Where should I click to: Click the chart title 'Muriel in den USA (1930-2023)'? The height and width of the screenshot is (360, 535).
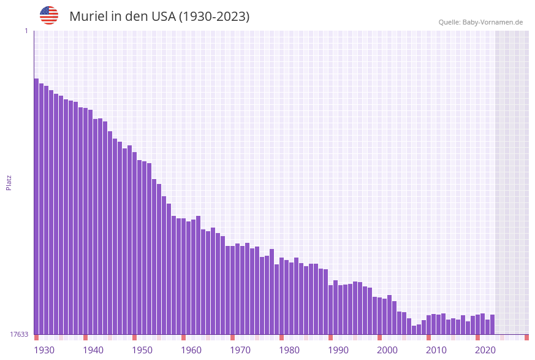159,17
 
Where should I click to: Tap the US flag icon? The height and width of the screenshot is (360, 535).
49,15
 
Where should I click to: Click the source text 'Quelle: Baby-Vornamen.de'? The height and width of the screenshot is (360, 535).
480,22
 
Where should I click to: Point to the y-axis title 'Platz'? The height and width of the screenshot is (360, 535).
9,183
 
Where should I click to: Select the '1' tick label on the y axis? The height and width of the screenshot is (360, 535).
26,31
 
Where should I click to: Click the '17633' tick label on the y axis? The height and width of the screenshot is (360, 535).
19,334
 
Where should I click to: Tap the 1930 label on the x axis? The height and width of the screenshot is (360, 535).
44,350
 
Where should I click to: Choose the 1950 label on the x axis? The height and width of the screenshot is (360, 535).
142,350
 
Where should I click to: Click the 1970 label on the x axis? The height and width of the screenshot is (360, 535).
240,350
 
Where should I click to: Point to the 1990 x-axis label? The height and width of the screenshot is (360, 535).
338,350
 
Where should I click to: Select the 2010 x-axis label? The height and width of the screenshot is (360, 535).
436,350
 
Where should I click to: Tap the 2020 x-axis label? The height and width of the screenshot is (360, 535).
485,350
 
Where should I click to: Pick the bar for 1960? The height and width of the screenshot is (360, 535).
183,276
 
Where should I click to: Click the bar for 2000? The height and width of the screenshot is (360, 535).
379,316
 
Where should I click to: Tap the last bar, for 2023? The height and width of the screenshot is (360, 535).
492,324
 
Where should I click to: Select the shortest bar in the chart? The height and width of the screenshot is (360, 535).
414,330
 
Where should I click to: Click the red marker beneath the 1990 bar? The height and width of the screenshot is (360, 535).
330,337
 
